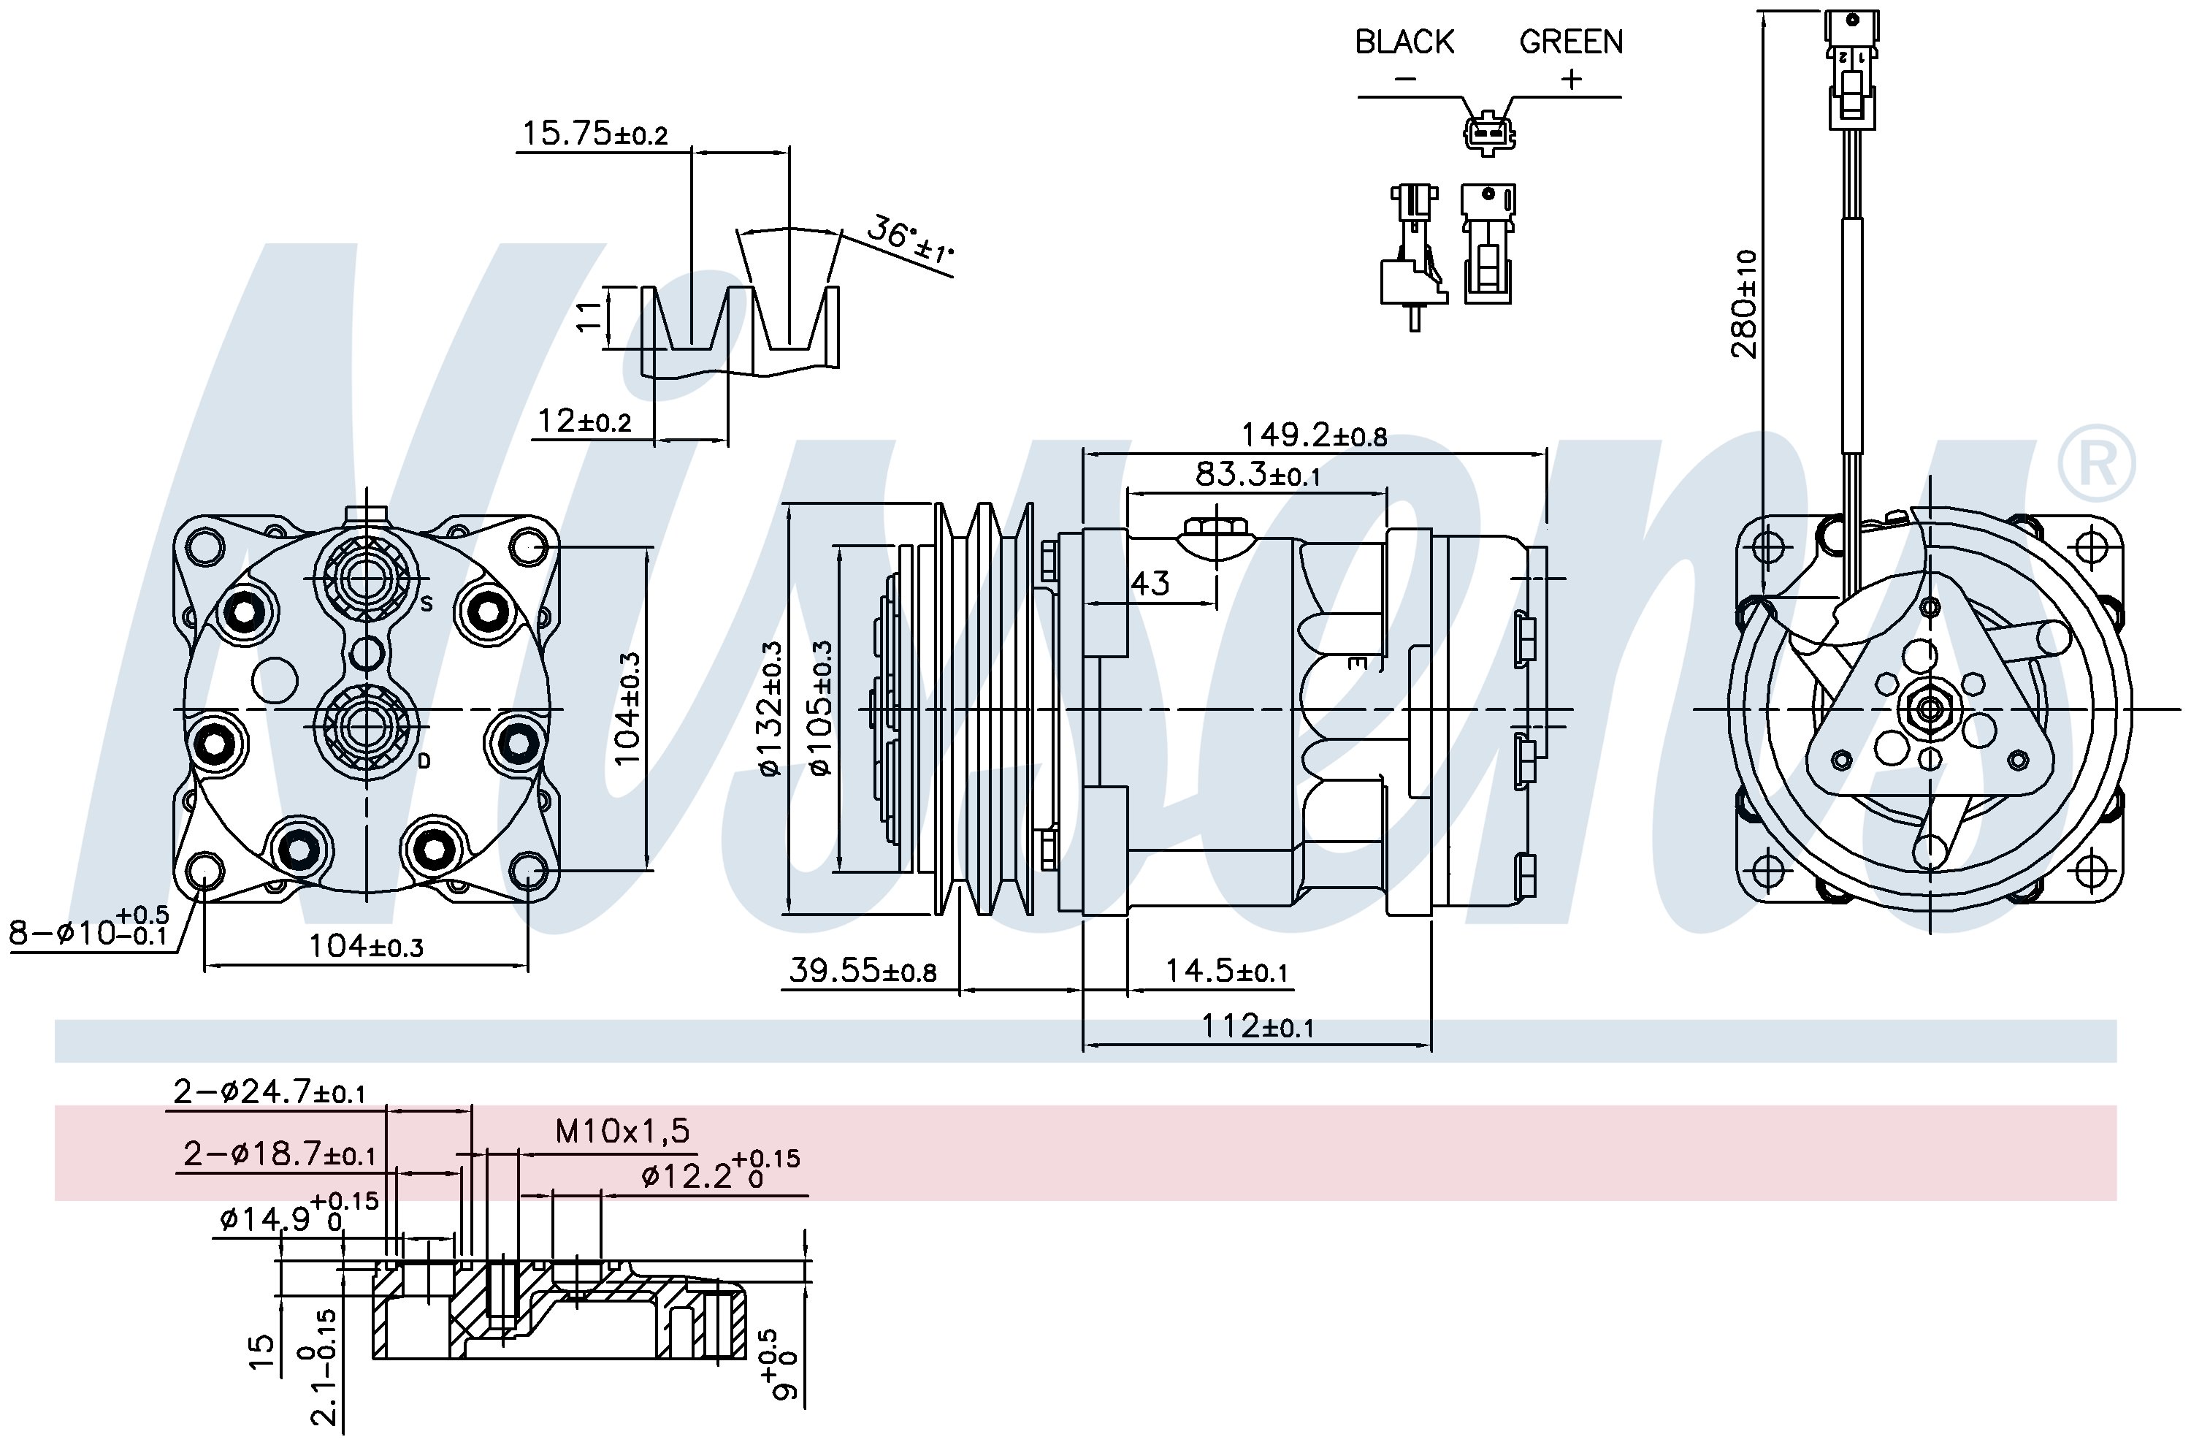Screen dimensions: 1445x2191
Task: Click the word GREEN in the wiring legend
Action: point(1570,42)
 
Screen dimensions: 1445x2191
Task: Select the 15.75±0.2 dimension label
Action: point(594,134)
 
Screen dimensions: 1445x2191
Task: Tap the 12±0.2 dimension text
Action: point(584,421)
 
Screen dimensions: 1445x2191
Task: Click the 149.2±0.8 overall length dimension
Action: point(1314,435)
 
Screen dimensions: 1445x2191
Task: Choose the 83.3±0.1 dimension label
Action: point(1257,475)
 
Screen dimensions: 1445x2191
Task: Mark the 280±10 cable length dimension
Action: point(1743,303)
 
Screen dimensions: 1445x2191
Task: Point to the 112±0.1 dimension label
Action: point(1257,1026)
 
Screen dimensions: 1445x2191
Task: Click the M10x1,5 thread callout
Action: point(622,1130)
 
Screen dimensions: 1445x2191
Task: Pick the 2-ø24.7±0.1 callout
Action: point(269,1092)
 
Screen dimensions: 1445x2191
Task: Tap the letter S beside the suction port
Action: point(427,605)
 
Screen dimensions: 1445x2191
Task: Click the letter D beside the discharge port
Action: point(425,761)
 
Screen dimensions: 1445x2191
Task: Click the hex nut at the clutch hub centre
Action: point(1928,709)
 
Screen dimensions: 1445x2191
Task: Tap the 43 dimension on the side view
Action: point(1150,584)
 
